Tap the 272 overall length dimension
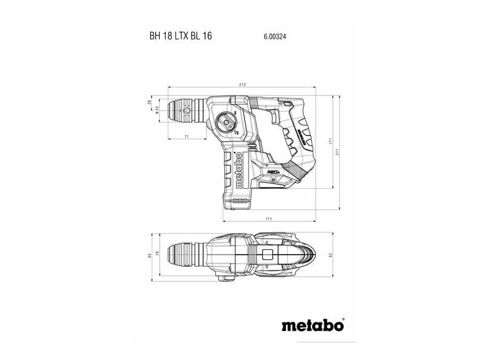243,85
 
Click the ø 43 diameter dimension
156,109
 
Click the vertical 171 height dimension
330,140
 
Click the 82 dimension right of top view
332,256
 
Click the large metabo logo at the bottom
312,325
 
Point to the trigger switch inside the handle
280,119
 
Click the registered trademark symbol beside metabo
342,320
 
